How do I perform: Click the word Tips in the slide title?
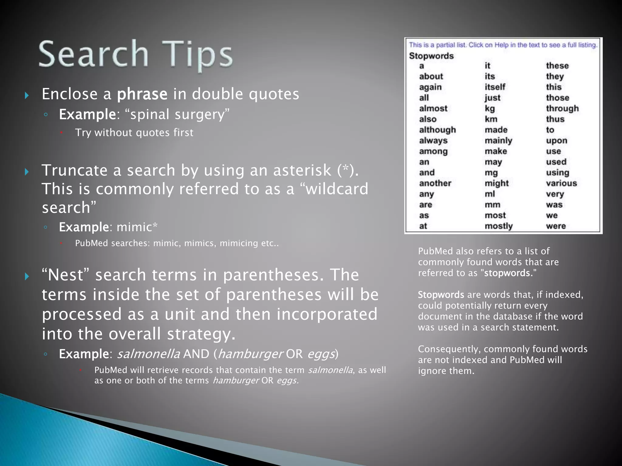(197, 55)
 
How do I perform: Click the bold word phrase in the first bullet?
(142, 94)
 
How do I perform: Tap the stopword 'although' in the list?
(437, 130)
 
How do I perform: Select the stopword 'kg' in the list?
(490, 108)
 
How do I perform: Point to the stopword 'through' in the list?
(562, 108)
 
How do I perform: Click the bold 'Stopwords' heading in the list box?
(431, 56)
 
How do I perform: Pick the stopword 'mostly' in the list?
(498, 226)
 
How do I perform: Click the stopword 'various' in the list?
(561, 183)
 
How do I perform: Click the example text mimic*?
(137, 227)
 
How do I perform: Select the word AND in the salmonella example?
(196, 354)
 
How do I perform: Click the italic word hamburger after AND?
(251, 354)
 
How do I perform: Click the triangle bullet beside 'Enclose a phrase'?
(27, 96)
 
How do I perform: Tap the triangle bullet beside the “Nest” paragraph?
(27, 276)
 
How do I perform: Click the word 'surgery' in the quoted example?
(200, 115)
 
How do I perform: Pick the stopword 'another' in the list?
(435, 183)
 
